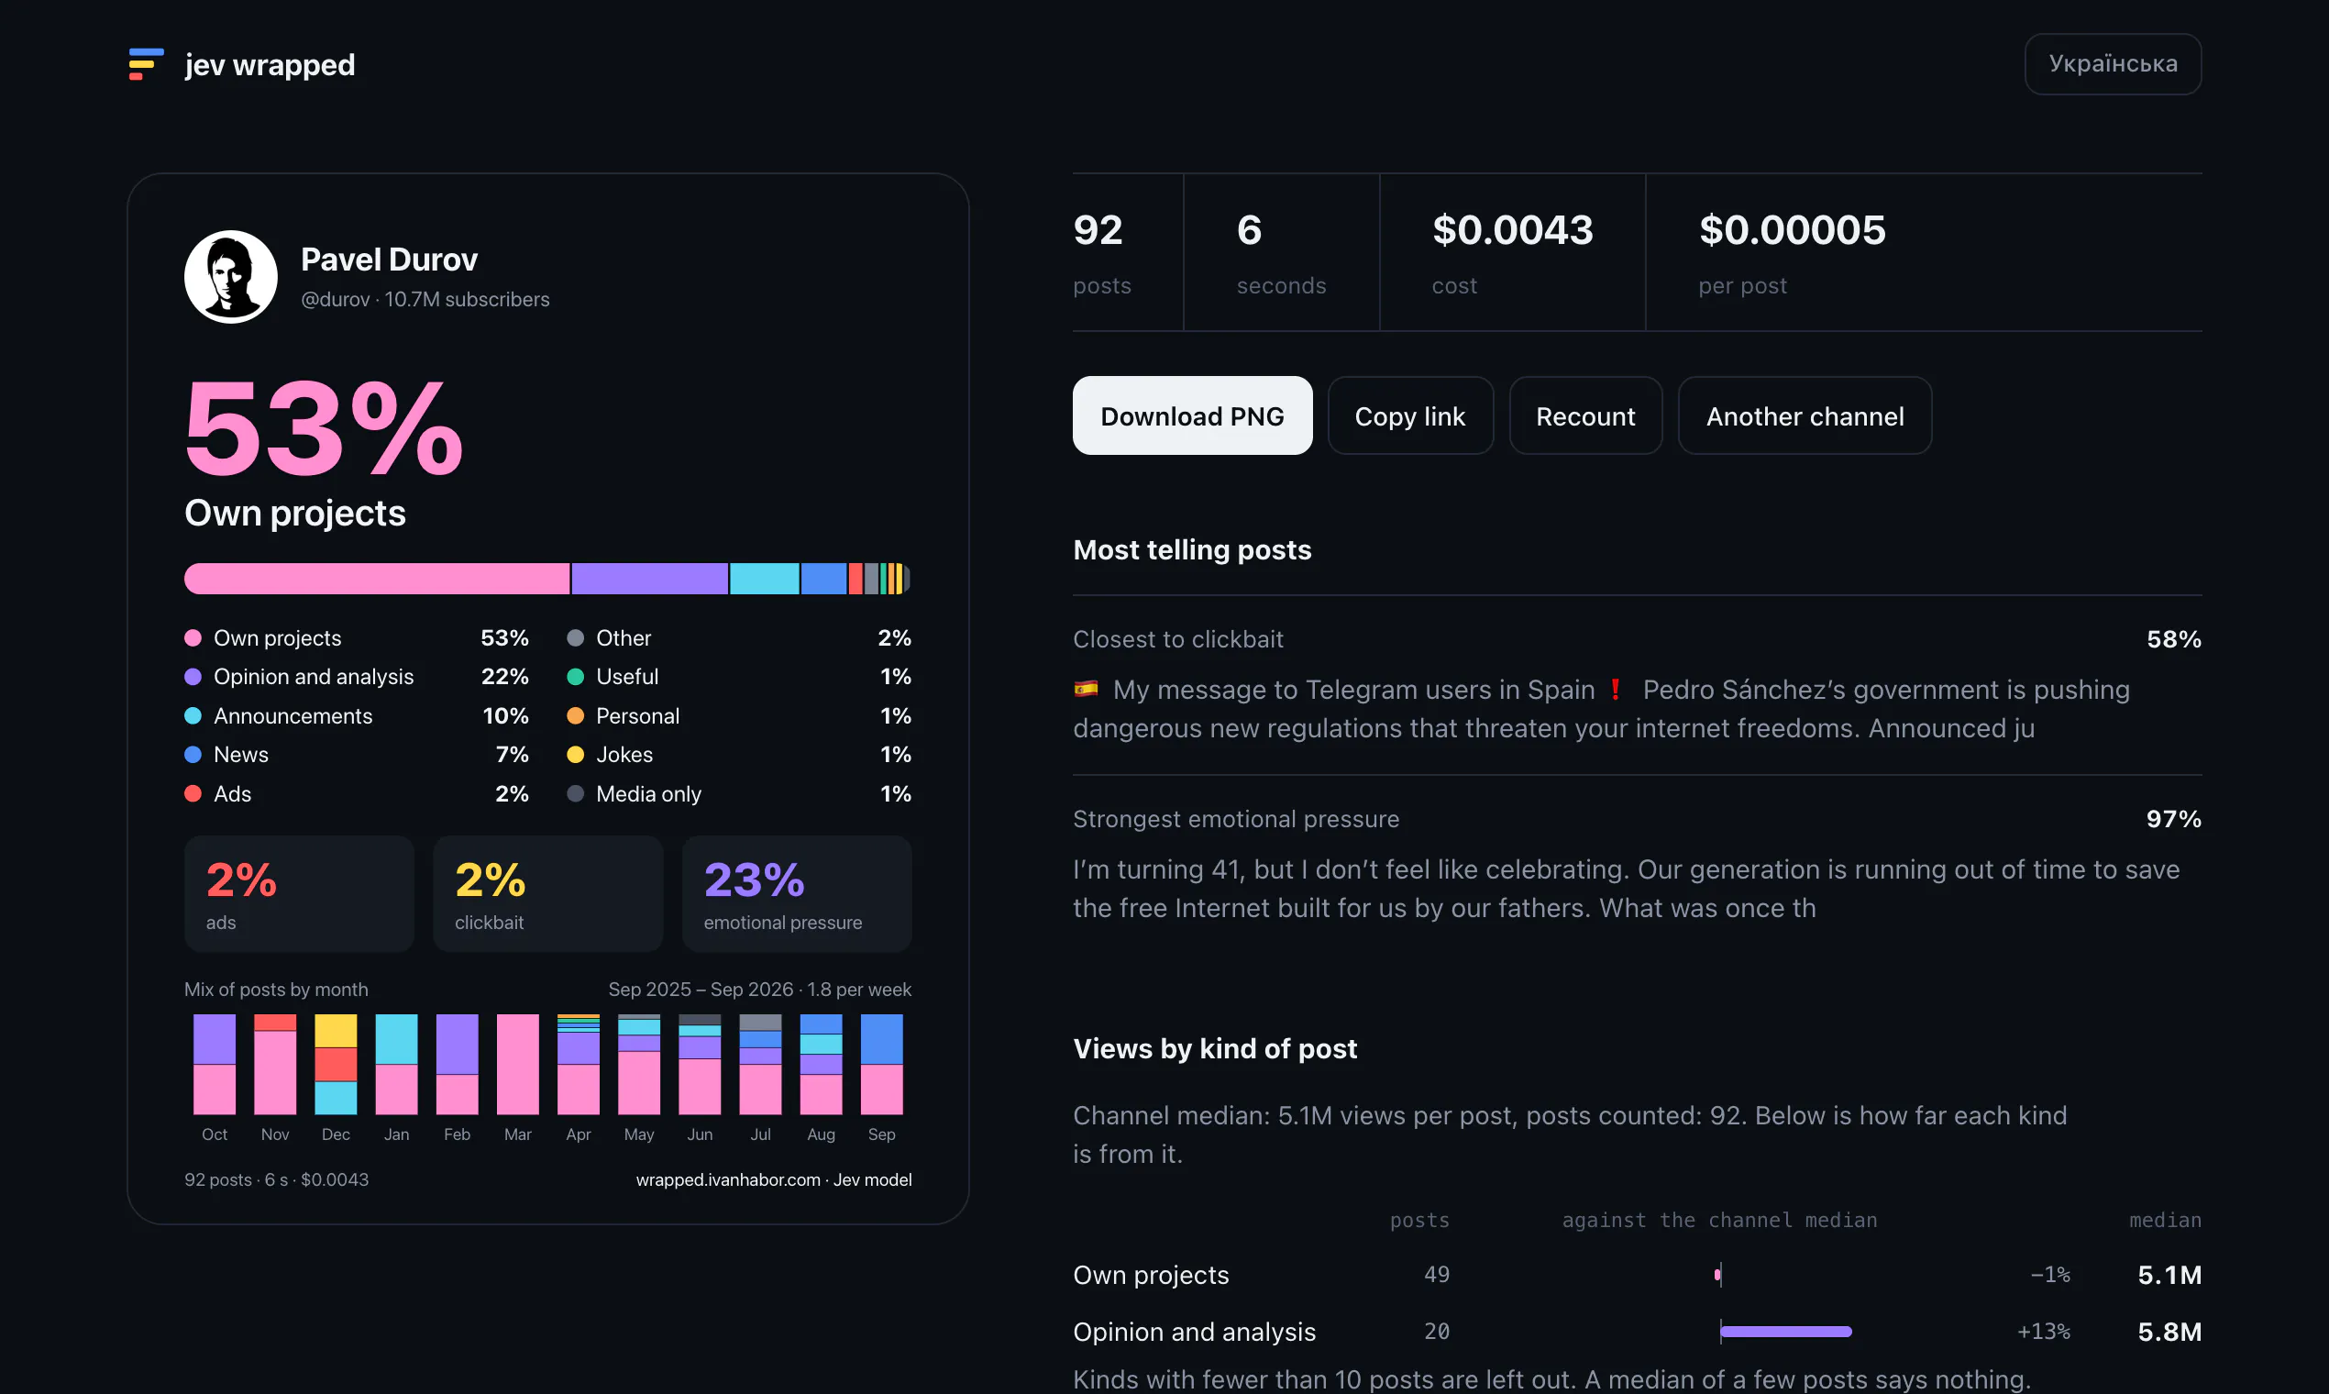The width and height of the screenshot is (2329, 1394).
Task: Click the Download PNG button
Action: coord(1192,415)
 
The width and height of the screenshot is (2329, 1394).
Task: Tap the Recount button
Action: coord(1585,415)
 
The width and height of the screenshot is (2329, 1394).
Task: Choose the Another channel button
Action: coord(1804,415)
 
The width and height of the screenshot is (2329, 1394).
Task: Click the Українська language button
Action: coord(2112,64)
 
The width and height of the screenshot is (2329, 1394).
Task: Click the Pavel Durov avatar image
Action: coord(230,276)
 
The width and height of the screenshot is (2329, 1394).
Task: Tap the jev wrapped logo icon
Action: coord(146,64)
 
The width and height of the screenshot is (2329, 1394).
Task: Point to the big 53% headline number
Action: coord(324,429)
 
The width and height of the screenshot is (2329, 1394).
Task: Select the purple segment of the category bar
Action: coord(649,579)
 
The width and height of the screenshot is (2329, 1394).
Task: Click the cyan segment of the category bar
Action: coord(765,579)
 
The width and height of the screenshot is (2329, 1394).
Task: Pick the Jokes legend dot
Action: coord(576,754)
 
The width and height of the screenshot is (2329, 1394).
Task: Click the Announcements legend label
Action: coord(293,715)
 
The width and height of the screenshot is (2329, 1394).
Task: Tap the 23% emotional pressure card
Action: coord(797,893)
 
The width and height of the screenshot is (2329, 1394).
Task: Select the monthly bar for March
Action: coord(517,1064)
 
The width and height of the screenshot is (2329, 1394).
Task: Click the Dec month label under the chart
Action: coord(336,1134)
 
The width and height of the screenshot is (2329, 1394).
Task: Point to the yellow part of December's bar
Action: coord(336,1031)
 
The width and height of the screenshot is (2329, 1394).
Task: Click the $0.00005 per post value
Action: coord(1792,230)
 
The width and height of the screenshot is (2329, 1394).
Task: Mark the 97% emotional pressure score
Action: coord(2173,819)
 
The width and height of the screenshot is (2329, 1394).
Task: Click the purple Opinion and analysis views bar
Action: coord(1785,1331)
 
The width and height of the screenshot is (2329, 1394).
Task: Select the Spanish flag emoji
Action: coord(1086,690)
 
